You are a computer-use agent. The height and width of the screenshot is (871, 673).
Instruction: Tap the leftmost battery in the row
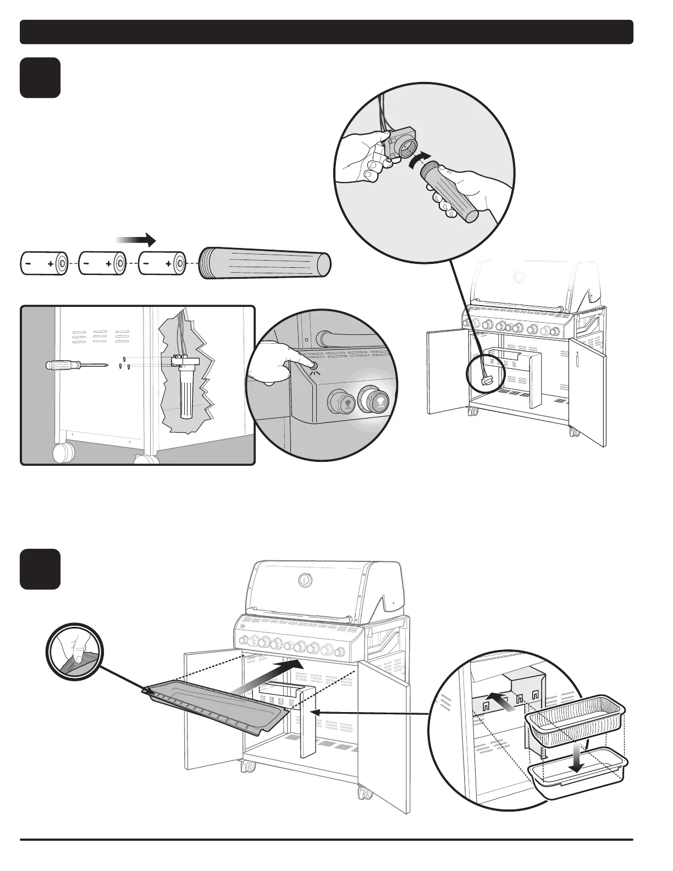coord(43,264)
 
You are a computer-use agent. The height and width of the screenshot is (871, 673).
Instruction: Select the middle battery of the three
coord(102,264)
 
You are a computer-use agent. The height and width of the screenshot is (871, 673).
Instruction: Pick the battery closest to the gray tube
coord(162,264)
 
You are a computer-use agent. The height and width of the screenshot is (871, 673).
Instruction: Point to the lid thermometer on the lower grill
coord(304,580)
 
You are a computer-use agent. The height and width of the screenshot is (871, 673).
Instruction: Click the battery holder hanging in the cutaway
coord(187,379)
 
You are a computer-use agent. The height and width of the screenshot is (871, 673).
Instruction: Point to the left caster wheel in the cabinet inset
coord(63,454)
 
